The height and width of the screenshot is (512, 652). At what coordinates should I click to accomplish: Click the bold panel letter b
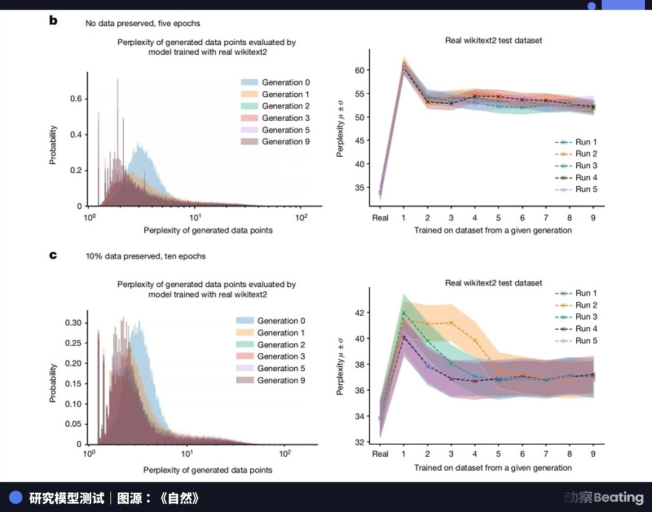pyautogui.click(x=53, y=20)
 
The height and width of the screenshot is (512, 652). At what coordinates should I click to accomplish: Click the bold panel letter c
pyautogui.click(x=53, y=255)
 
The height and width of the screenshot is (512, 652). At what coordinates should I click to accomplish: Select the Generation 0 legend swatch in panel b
pyautogui.click(x=249, y=82)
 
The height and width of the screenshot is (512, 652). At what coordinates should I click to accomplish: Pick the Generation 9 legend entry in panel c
pyautogui.click(x=271, y=380)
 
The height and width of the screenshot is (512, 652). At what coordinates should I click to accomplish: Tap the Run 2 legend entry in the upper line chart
pyautogui.click(x=576, y=154)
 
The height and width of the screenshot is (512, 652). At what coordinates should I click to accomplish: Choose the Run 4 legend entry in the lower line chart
pyautogui.click(x=576, y=329)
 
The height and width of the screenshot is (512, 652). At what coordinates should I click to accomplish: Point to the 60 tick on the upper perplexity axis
pyautogui.click(x=360, y=70)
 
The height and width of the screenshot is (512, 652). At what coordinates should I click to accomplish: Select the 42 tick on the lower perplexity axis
pyautogui.click(x=360, y=313)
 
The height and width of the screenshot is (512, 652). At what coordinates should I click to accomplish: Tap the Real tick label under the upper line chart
pyautogui.click(x=380, y=218)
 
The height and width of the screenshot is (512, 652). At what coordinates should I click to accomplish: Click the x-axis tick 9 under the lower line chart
pyautogui.click(x=593, y=454)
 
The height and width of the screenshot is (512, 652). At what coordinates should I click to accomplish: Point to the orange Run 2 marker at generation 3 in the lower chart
pyautogui.click(x=451, y=323)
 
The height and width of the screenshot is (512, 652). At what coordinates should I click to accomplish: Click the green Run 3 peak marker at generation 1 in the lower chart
pyautogui.click(x=404, y=313)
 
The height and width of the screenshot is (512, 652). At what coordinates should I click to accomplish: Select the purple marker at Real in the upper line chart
pyautogui.click(x=380, y=192)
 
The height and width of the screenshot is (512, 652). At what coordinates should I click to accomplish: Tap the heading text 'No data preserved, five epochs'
pyautogui.click(x=143, y=23)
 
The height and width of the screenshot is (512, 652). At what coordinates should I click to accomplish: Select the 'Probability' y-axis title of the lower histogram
pyautogui.click(x=53, y=383)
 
